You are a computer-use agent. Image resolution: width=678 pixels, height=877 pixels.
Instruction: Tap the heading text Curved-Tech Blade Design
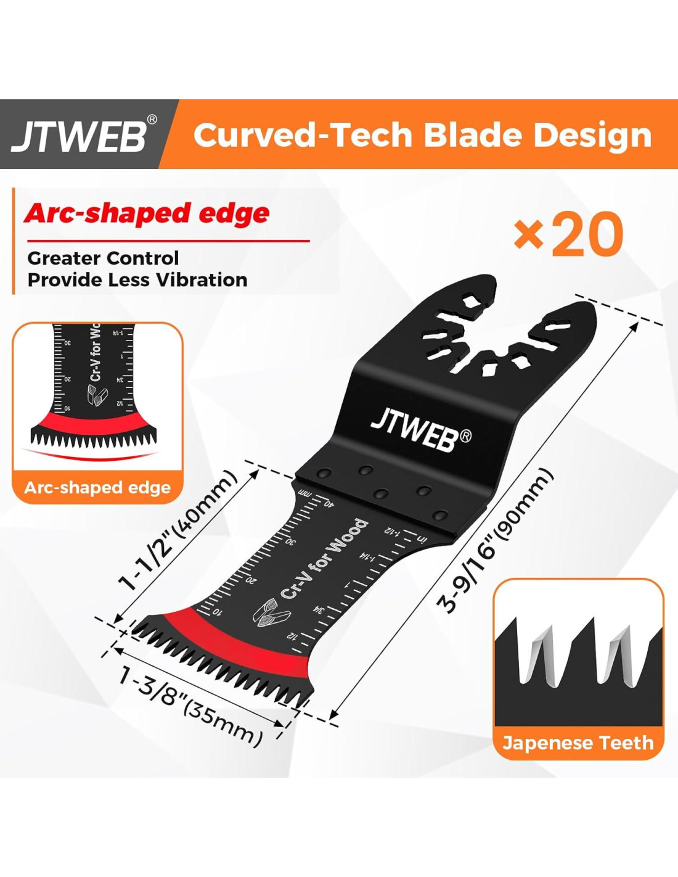click(x=422, y=135)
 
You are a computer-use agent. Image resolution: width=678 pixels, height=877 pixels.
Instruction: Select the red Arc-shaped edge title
click(x=147, y=213)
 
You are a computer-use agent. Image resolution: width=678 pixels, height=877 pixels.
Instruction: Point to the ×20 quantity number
click(x=569, y=234)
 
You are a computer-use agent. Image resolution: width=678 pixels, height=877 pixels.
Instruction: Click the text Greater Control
click(x=103, y=258)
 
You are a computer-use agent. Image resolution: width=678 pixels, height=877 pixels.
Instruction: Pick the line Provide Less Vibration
click(x=137, y=280)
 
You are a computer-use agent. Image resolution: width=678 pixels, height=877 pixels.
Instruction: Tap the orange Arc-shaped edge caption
click(x=97, y=488)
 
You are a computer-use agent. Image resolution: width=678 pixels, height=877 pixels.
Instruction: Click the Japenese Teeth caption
click(x=578, y=743)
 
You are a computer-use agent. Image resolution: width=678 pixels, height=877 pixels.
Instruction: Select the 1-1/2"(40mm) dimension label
click(x=178, y=531)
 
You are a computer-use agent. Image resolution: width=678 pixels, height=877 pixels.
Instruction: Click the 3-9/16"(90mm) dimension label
click(x=495, y=541)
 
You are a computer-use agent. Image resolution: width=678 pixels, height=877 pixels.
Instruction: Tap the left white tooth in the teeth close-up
click(x=535, y=657)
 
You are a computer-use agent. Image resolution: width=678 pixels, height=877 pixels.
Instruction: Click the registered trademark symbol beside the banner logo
click(x=152, y=120)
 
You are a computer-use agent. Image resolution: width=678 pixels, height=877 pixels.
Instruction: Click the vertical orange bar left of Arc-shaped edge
click(x=13, y=241)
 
